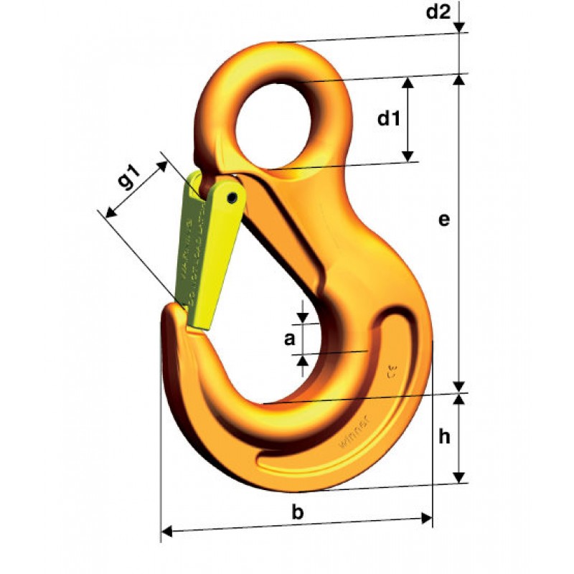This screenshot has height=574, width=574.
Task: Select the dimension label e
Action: tap(444, 220)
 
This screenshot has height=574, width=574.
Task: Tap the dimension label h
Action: tap(444, 436)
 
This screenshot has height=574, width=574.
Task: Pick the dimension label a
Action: tap(289, 340)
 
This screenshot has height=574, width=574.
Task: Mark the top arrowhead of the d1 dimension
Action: tap(408, 81)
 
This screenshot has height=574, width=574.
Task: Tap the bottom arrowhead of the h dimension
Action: tap(460, 479)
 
